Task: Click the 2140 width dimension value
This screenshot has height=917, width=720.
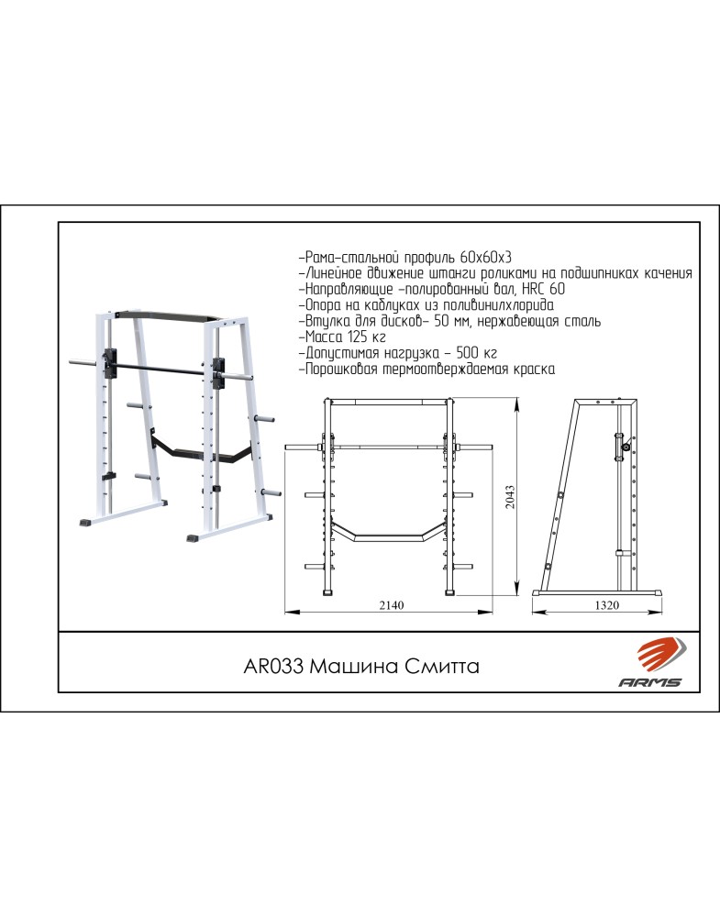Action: pyautogui.click(x=392, y=605)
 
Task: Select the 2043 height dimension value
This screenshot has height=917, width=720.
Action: pyautogui.click(x=510, y=496)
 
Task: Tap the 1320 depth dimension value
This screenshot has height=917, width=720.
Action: pyautogui.click(x=606, y=605)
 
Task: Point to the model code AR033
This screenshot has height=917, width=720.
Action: pyautogui.click(x=273, y=666)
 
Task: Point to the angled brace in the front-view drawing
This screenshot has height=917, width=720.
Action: pyautogui.click(x=389, y=534)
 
